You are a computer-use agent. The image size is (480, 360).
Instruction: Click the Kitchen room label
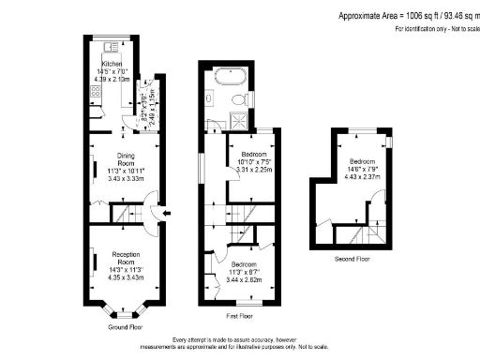tap(112, 65)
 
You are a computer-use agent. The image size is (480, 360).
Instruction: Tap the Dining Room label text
tap(126, 160)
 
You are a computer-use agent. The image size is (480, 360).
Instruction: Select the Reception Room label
tap(126, 255)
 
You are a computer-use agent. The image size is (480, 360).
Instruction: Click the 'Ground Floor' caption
tap(125, 327)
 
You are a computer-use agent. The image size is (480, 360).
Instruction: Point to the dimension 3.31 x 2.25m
tap(254, 171)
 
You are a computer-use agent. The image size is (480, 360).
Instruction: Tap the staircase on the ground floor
tap(127, 217)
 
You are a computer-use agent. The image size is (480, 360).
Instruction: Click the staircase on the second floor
tap(363, 235)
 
